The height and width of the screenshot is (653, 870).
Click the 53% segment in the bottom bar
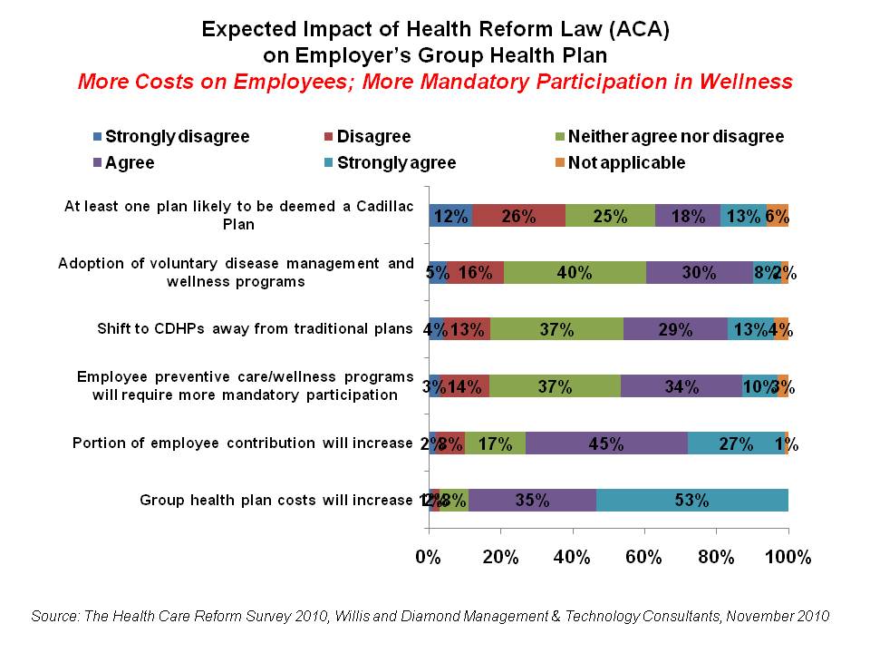coord(691,500)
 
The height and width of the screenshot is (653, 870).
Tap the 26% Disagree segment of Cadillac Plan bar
coord(519,216)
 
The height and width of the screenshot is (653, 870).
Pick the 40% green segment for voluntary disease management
coord(574,272)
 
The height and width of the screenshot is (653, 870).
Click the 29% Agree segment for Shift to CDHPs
coord(675,329)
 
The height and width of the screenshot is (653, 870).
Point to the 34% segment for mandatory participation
coord(681,386)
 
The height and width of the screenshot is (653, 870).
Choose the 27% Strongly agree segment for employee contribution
coord(736,443)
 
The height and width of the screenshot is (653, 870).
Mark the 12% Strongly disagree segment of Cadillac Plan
coord(450,216)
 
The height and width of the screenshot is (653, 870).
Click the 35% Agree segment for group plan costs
coord(532,500)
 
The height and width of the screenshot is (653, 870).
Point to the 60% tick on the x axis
coord(644,556)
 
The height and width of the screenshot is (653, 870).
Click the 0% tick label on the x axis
coord(429,556)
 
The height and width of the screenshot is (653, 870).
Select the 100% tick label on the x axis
coord(788,556)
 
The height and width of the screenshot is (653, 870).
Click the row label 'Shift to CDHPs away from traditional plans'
coord(255,328)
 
